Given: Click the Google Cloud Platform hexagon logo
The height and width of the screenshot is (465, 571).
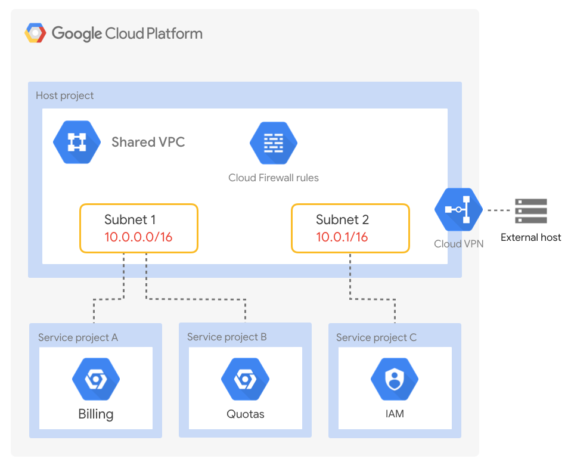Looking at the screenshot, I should [x=35, y=33].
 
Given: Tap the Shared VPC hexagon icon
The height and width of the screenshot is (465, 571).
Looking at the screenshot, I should [x=77, y=142].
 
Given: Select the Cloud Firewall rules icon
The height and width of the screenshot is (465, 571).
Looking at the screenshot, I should [x=274, y=143].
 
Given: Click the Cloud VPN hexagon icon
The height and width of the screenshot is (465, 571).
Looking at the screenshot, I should [x=458, y=210].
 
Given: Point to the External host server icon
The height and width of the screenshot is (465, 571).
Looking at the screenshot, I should [x=530, y=210].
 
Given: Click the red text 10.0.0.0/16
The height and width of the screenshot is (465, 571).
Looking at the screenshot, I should [x=138, y=237].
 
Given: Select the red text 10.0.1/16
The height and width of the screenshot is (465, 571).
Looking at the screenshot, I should [x=342, y=237].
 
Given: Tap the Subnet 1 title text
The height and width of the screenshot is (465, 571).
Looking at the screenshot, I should [x=130, y=219].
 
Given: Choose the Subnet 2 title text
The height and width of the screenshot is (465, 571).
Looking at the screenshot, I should [x=342, y=219].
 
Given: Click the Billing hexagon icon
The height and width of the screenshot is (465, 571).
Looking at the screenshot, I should [x=96, y=379].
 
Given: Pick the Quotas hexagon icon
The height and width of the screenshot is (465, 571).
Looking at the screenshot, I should [x=245, y=379].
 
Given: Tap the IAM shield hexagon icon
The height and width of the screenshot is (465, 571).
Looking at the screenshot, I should [x=395, y=379].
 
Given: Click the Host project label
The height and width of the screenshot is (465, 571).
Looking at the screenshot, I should [x=64, y=95].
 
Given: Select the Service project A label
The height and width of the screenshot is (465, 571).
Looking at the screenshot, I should [x=78, y=337].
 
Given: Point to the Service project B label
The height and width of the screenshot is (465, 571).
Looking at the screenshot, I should [x=227, y=337].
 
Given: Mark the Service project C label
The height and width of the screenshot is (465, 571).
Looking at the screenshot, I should [x=376, y=337].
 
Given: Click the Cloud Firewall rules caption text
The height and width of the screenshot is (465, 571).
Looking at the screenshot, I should [x=274, y=178].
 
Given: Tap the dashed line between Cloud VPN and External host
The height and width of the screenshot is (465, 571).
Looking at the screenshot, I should [x=498, y=210].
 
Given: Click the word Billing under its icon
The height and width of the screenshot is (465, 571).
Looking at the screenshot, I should [x=96, y=414].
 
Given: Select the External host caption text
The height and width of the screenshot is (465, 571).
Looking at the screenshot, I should [x=530, y=237].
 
